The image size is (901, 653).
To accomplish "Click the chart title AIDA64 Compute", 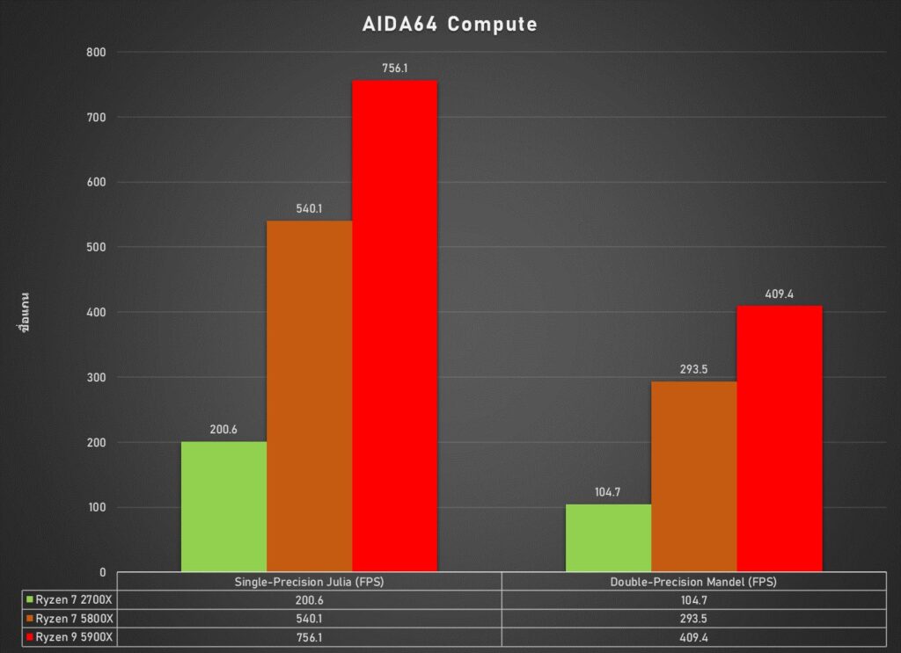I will point(450,25).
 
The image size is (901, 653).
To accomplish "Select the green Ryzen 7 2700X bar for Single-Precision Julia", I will point(223,506).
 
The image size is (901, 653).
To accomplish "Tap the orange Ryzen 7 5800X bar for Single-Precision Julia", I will point(309,395).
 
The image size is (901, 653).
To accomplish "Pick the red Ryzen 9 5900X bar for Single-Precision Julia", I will point(394,326).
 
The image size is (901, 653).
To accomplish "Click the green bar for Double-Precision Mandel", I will point(608,538).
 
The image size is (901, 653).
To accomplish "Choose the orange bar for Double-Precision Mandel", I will point(693,476).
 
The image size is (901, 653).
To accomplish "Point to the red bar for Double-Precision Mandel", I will point(779,439).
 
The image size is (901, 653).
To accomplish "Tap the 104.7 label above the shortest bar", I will point(608,492).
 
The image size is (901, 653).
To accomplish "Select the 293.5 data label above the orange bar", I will point(693,369).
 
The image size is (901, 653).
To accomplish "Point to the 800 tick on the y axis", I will point(95,52).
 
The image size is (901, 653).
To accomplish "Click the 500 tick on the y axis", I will point(95,247).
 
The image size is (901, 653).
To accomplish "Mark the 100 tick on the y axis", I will point(95,507).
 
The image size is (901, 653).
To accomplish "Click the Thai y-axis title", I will point(25,312).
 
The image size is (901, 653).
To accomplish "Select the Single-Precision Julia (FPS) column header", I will point(309,582).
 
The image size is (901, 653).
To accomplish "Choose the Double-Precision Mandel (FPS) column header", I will point(693,582).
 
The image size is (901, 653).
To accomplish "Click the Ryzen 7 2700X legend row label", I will point(77,599).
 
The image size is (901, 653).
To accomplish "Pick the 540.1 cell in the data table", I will point(309,618).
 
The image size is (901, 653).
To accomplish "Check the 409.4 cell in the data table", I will point(693,636).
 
